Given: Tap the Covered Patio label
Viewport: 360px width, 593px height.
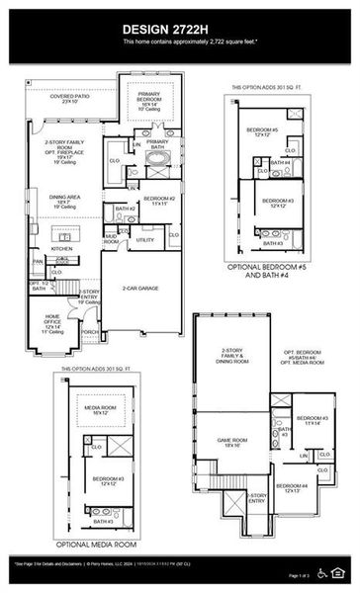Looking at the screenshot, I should coord(70,98).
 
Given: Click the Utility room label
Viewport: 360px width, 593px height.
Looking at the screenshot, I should coord(145,239).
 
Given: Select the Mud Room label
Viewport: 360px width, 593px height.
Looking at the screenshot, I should coord(112,238).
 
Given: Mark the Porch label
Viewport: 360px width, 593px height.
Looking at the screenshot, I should coord(89,332).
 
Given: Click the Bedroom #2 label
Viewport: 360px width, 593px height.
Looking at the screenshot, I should coord(159,201).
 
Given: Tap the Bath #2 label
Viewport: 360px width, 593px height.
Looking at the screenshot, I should coord(125,209).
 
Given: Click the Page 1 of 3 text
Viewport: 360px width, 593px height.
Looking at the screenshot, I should coord(301,574).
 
